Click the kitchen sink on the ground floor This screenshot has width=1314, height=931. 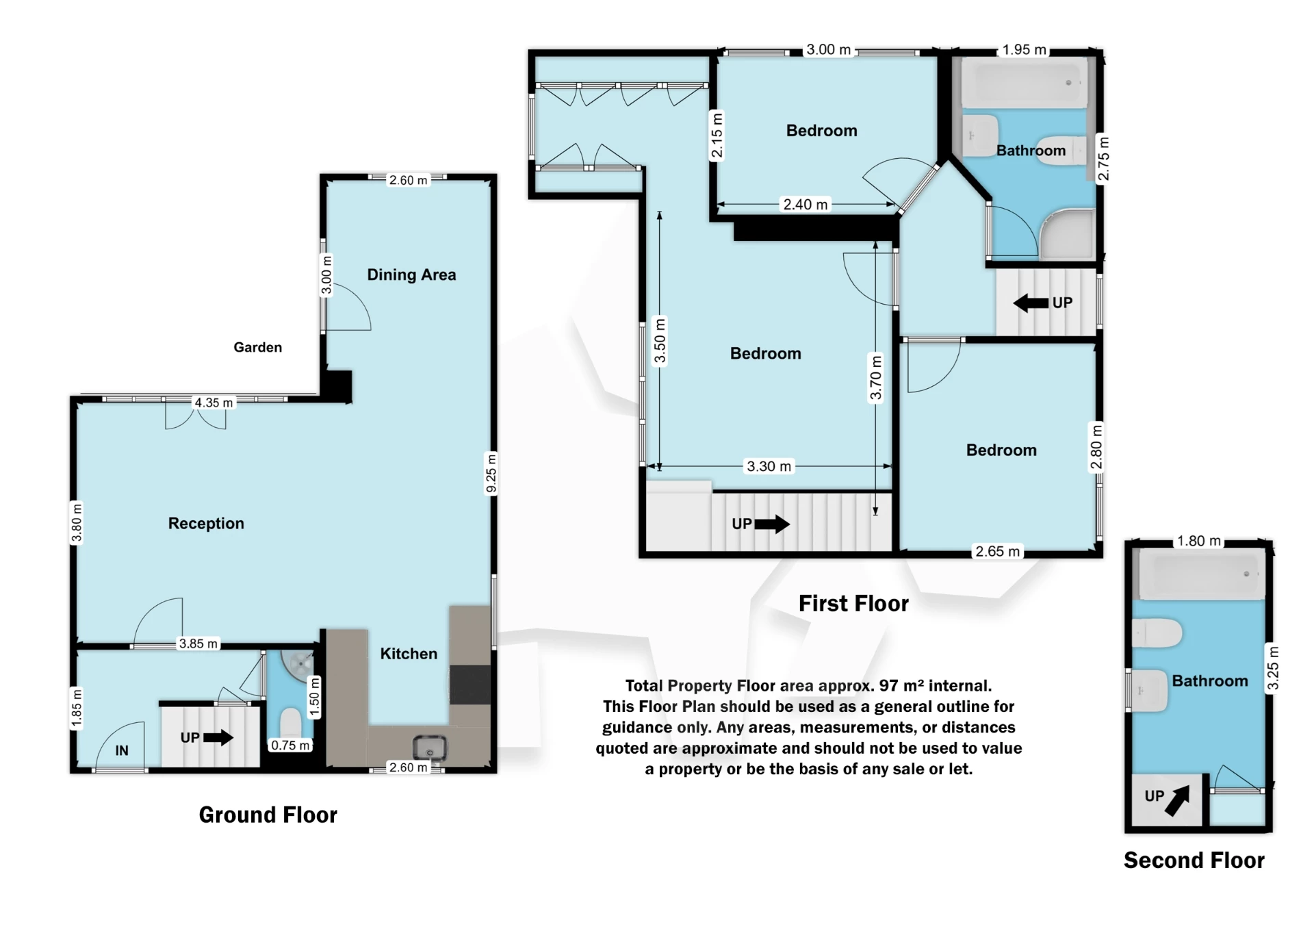(x=430, y=748)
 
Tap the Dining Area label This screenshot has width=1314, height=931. (x=411, y=275)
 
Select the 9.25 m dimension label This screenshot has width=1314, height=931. (x=491, y=472)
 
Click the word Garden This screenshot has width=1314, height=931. (x=257, y=347)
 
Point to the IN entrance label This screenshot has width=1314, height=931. (x=122, y=750)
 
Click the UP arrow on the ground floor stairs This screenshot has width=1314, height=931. (x=218, y=737)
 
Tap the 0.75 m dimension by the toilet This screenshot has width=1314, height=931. (x=290, y=745)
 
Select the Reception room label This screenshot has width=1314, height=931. (x=206, y=523)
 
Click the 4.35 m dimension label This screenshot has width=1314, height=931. (x=214, y=403)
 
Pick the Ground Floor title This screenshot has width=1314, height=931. (x=268, y=815)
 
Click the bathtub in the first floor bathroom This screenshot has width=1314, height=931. (x=1024, y=83)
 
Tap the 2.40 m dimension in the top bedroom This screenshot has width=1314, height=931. (x=805, y=204)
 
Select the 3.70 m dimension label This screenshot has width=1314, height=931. (x=875, y=377)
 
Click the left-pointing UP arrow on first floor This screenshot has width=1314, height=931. (x=1030, y=303)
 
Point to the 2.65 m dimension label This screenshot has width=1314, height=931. (x=997, y=551)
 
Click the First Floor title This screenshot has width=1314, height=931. (x=853, y=603)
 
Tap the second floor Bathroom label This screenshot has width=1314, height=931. (x=1209, y=680)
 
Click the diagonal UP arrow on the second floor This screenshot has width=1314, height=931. (x=1176, y=800)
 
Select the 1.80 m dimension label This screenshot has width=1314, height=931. (x=1198, y=541)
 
